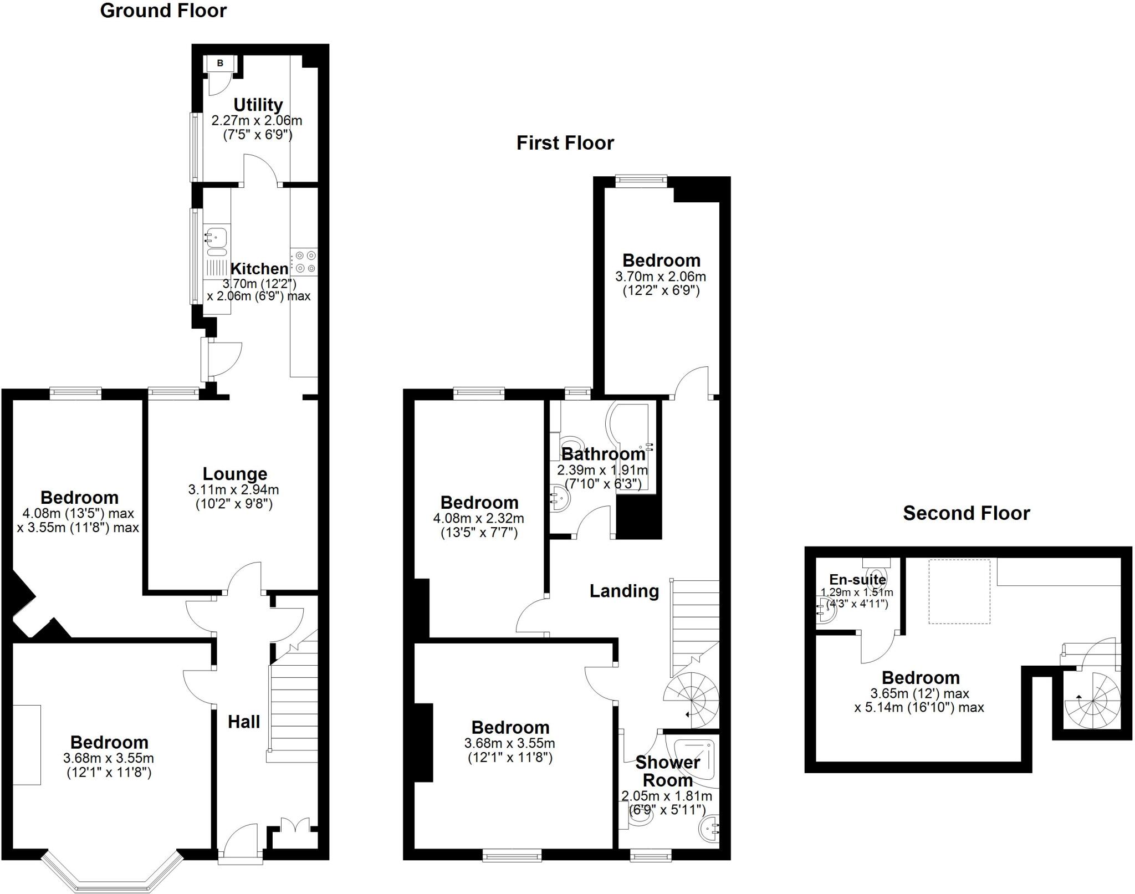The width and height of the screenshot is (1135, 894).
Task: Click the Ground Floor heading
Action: pyautogui.click(x=163, y=11)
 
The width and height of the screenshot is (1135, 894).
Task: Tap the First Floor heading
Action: pyautogui.click(x=565, y=143)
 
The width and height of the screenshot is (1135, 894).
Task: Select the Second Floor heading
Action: pyautogui.click(x=966, y=513)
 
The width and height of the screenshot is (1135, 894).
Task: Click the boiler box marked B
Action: pyautogui.click(x=220, y=64)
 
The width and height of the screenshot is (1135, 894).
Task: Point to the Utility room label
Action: pyautogui.click(x=258, y=104)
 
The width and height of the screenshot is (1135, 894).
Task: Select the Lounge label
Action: pyautogui.click(x=234, y=473)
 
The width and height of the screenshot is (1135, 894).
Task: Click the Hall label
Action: pyautogui.click(x=244, y=722)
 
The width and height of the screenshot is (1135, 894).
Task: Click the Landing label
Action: pyautogui.click(x=624, y=591)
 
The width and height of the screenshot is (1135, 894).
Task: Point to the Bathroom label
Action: pyautogui.click(x=603, y=454)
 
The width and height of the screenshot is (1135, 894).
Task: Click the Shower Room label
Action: pyautogui.click(x=667, y=771)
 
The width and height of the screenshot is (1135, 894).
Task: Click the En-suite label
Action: pyautogui.click(x=857, y=580)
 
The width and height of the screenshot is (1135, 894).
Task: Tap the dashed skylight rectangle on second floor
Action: pyautogui.click(x=959, y=591)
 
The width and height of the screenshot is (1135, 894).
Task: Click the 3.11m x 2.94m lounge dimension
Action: pyautogui.click(x=233, y=490)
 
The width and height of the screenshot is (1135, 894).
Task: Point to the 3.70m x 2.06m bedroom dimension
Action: pyautogui.click(x=661, y=276)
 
